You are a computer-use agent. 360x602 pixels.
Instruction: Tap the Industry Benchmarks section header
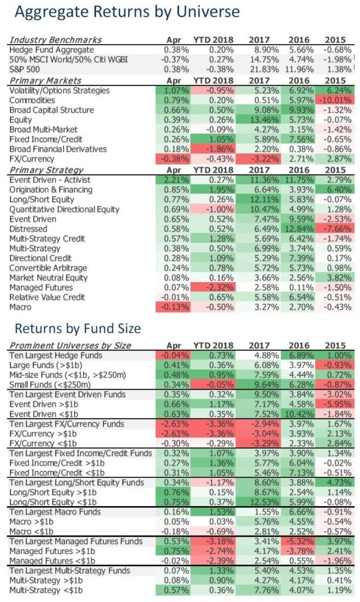(55, 40)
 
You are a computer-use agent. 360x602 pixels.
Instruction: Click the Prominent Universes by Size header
(70, 346)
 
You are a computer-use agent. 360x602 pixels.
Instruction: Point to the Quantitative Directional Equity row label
(64, 210)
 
